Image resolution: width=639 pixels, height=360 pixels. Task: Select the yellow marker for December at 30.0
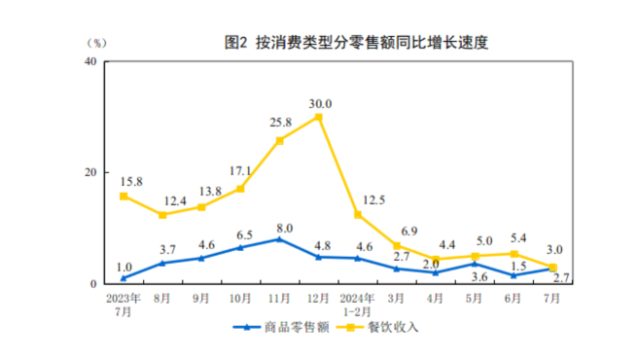tap(319, 117)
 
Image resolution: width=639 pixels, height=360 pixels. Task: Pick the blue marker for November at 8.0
tap(280, 239)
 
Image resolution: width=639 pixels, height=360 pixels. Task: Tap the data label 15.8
tap(130, 181)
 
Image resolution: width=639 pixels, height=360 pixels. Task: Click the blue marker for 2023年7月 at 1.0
tap(124, 278)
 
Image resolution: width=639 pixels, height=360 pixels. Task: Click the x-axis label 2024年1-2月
tap(357, 302)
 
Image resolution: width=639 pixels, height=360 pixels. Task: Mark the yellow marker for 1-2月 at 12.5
tap(358, 214)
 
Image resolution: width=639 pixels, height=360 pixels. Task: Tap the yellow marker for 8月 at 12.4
tap(162, 215)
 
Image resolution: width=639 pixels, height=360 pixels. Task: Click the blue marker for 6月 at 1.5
tap(514, 275)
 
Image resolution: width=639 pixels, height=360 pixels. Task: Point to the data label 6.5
tap(240, 234)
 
